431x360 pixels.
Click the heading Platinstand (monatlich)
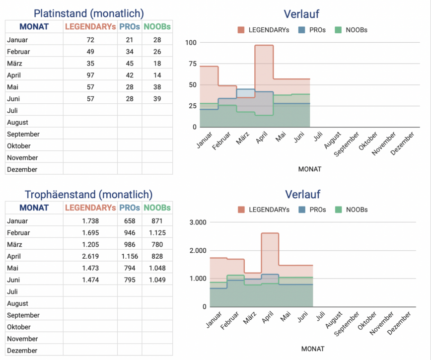88,13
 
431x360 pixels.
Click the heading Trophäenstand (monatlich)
88,195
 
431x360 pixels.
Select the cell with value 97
90,75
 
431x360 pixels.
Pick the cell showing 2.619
90,256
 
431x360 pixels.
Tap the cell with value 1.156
130,256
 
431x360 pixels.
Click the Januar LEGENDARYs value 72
90,40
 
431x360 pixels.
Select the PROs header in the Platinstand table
130,27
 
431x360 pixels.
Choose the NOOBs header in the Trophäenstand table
157,208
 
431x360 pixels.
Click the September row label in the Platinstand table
23,134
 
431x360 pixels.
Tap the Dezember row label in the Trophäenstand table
22,351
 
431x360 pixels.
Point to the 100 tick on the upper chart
190,43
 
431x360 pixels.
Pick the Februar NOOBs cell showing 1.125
157,232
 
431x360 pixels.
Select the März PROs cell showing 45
130,63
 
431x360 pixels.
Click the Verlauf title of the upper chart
301,14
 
